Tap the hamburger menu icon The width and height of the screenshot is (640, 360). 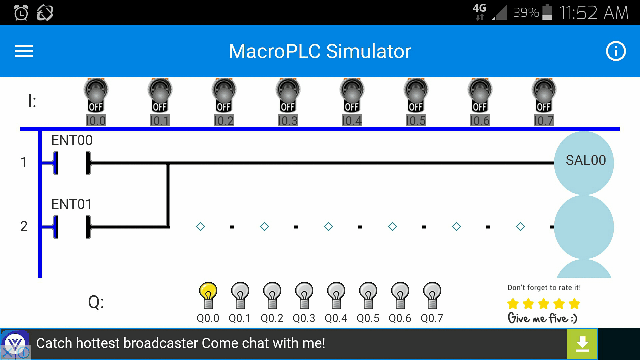click(x=24, y=51)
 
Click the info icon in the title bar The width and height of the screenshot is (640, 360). click(x=615, y=51)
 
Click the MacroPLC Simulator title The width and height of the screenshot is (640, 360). click(x=320, y=51)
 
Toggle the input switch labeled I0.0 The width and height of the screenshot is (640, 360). click(x=96, y=96)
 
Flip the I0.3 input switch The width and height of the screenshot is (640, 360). click(x=288, y=96)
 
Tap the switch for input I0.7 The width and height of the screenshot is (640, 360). click(x=544, y=96)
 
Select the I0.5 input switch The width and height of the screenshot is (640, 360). click(x=416, y=96)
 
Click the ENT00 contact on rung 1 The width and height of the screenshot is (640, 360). click(x=71, y=161)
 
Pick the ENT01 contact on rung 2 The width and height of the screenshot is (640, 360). click(x=71, y=225)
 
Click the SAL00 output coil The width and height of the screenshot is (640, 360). click(x=585, y=161)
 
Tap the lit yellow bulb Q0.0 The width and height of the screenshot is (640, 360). click(x=208, y=294)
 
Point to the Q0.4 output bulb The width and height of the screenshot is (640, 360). click(x=336, y=294)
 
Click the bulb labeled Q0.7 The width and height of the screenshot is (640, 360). click(x=432, y=294)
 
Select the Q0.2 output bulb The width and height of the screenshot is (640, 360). click(x=272, y=294)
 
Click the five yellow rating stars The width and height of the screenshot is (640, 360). click(x=542, y=304)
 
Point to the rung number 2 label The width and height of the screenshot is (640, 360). click(x=24, y=226)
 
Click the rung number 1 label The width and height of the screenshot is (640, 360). click(x=24, y=161)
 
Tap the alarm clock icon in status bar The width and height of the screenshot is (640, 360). click(x=21, y=12)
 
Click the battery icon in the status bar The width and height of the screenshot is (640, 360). click(x=548, y=12)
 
